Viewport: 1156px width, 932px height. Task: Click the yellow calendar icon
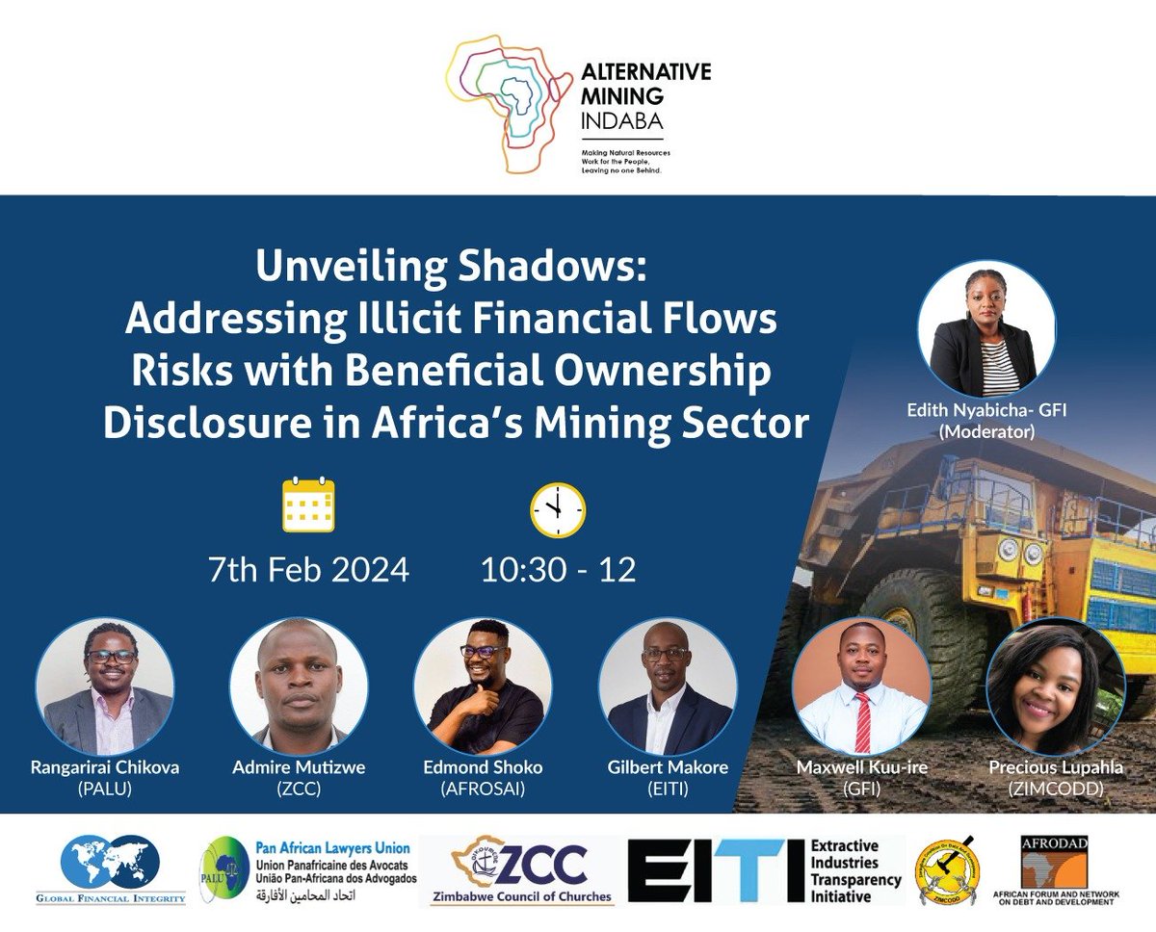pyautogui.click(x=308, y=505)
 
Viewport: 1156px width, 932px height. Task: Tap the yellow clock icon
pyautogui.click(x=558, y=509)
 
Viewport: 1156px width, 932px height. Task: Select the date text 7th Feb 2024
pyautogui.click(x=308, y=569)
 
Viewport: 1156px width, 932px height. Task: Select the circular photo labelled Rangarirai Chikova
pyautogui.click(x=105, y=686)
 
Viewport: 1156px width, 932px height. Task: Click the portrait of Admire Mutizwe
pyautogui.click(x=299, y=686)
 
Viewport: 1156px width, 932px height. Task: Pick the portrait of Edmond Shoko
pyautogui.click(x=483, y=686)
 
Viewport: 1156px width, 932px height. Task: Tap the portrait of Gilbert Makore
pyautogui.click(x=668, y=686)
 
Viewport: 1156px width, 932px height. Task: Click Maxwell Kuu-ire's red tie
pyautogui.click(x=862, y=722)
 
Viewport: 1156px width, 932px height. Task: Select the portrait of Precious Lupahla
pyautogui.click(x=1056, y=686)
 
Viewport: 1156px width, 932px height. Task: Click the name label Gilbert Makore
pyautogui.click(x=668, y=767)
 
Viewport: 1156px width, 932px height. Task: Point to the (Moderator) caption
pyautogui.click(x=985, y=432)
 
